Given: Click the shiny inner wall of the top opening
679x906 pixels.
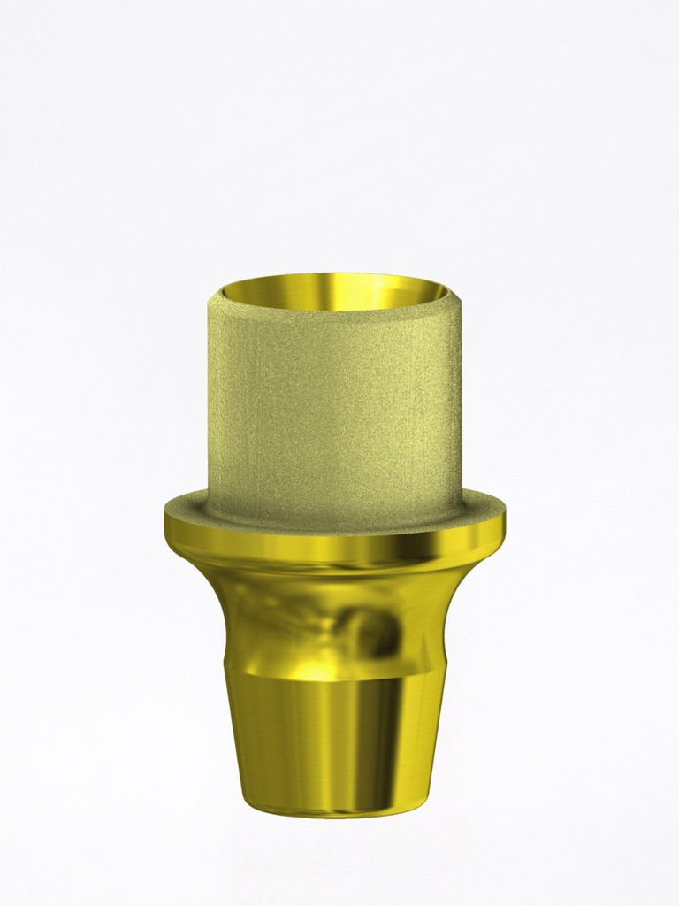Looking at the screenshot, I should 334,289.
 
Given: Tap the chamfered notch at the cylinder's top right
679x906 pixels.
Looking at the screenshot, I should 454,295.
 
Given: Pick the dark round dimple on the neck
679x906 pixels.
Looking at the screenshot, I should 376,631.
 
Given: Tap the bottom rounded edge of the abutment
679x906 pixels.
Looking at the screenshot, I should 334,810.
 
